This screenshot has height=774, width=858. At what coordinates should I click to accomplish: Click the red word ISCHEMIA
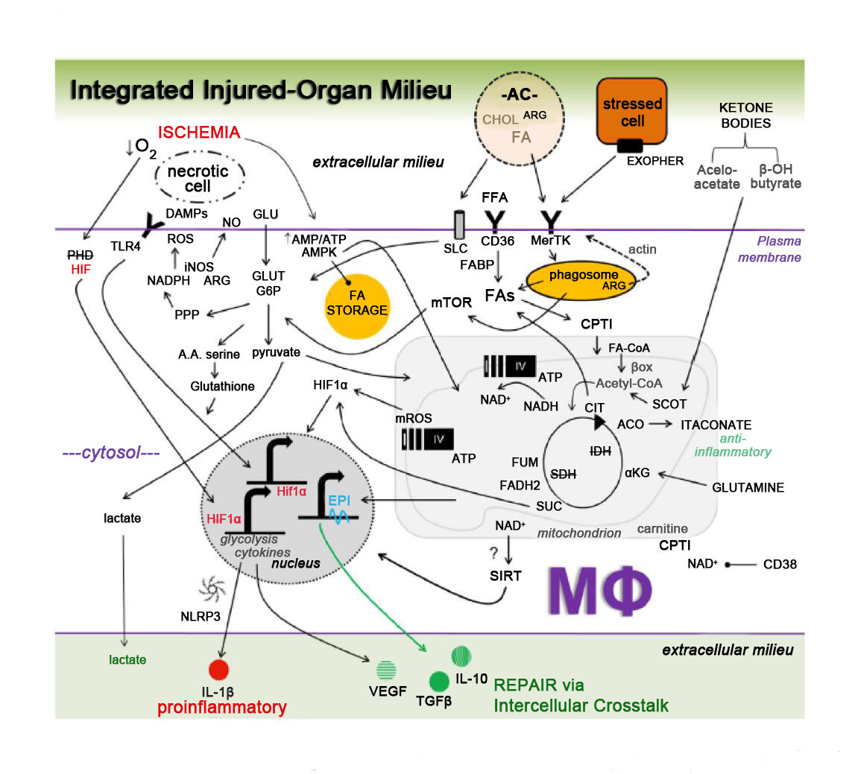(199, 133)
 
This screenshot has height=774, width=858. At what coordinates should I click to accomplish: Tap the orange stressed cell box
(631, 112)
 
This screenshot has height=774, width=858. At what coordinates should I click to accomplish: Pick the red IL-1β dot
(218, 670)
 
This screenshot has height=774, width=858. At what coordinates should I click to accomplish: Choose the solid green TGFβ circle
(439, 681)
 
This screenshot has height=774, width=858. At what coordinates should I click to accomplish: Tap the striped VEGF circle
(386, 670)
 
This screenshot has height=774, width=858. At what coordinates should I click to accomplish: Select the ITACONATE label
(716, 425)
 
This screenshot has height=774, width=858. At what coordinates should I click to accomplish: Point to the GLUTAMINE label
(748, 488)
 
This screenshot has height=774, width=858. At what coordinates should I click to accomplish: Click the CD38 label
(780, 565)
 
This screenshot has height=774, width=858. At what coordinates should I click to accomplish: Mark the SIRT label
(505, 576)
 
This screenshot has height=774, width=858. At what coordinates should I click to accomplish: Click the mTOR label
(451, 302)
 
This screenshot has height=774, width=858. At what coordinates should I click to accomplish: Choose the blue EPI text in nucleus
(339, 501)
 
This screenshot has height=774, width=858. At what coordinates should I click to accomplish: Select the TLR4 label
(125, 247)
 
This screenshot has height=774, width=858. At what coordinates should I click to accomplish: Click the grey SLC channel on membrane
(458, 224)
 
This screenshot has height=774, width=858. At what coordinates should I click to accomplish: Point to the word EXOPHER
(654, 161)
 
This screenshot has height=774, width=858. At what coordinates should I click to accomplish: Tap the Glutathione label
(222, 387)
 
